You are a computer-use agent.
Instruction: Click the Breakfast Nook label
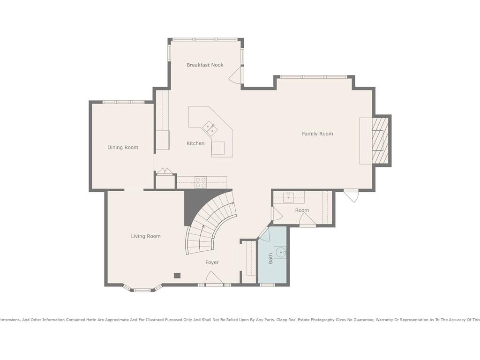[205, 65]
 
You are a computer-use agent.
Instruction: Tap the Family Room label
[317, 134]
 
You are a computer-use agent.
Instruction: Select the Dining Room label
[122, 148]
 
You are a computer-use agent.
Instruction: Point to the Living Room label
[146, 236]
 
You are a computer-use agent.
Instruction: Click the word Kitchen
[195, 143]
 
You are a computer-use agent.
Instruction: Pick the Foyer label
[212, 262]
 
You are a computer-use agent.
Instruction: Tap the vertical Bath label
[270, 259]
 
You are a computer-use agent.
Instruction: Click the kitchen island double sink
[210, 128]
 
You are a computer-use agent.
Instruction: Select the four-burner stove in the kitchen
[201, 182]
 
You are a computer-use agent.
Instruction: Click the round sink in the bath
[281, 253]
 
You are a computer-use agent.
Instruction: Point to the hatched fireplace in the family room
[380, 141]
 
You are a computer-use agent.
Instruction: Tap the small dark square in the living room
[177, 276]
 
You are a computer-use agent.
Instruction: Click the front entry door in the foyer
[214, 279]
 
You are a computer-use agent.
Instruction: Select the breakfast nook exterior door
[236, 75]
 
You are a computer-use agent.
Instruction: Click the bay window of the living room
[142, 288]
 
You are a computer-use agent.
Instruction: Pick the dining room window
[123, 102]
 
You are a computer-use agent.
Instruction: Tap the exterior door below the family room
[351, 195]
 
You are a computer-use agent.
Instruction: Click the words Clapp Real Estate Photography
[305, 320]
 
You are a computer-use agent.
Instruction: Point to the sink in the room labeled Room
[289, 197]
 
